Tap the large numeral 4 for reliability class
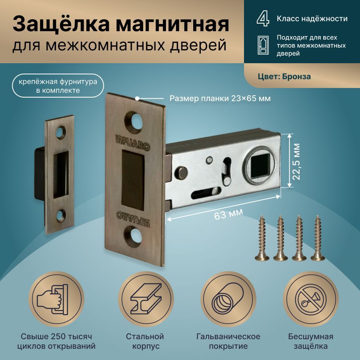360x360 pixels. tap(263, 19)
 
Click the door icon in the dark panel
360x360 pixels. tap(263, 45)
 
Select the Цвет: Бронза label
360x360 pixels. tap(284, 76)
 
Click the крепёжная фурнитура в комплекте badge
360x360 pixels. tap(58, 86)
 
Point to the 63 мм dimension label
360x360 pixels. tap(228, 214)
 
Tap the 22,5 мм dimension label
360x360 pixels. tap(296, 162)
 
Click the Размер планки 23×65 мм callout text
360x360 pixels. tap(220, 98)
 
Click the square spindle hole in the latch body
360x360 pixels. tap(260, 166)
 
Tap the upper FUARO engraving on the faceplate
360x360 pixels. tap(132, 142)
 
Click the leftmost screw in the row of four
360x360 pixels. tap(262, 238)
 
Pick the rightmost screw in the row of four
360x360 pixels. tap(318, 238)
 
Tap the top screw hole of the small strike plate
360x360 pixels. tap(60, 132)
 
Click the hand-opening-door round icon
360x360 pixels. tap(56, 299)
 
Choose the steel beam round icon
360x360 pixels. tap(146, 299)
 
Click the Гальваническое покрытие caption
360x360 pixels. tap(228, 341)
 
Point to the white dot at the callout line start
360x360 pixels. tap(137, 98)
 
